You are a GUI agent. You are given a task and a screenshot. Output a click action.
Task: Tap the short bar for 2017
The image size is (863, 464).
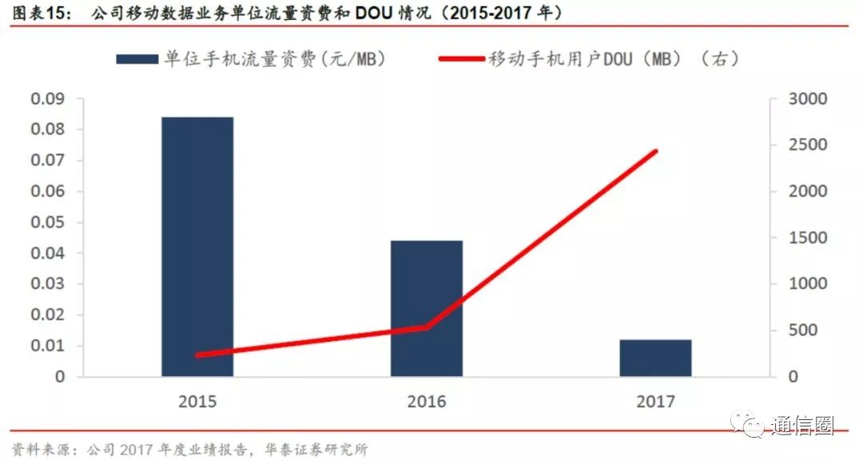click(655, 358)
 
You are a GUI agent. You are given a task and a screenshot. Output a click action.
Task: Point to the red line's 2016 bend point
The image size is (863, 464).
click(426, 327)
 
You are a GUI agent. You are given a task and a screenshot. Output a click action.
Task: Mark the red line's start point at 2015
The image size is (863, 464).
click(197, 355)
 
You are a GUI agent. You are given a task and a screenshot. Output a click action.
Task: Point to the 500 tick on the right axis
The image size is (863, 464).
click(802, 331)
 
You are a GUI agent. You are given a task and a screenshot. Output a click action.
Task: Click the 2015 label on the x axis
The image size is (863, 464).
click(197, 401)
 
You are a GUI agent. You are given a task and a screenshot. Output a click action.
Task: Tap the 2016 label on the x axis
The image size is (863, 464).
click(426, 401)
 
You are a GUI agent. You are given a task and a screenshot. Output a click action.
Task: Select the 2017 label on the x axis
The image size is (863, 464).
click(655, 401)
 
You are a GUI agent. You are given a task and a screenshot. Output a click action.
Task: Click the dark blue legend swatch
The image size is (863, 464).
click(138, 59)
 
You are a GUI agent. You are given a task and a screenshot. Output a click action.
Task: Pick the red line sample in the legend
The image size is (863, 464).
click(461, 59)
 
